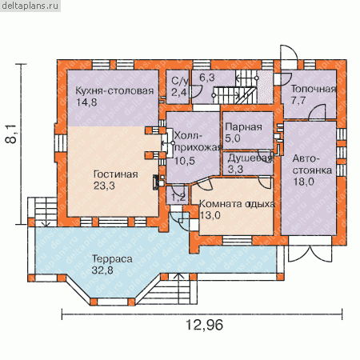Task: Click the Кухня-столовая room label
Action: pyautogui.click(x=114, y=91)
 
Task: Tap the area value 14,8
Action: pyautogui.click(x=86, y=102)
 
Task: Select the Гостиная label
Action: pyautogui.click(x=116, y=174)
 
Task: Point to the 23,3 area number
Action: pyautogui.click(x=104, y=186)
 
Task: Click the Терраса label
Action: pyautogui.click(x=112, y=258)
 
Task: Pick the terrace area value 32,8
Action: pyautogui.click(x=102, y=270)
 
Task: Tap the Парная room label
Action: pyautogui.click(x=243, y=127)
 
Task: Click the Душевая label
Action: pyautogui.click(x=250, y=158)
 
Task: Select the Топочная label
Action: pyautogui.click(x=314, y=89)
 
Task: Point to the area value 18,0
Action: pyautogui.click(x=304, y=182)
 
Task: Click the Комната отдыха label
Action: pyautogui.click(x=237, y=204)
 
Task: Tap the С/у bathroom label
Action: pyautogui.click(x=179, y=81)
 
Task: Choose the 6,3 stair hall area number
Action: pyautogui.click(x=207, y=78)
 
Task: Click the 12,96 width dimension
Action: pyautogui.click(x=204, y=325)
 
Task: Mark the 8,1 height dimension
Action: pyautogui.click(x=11, y=134)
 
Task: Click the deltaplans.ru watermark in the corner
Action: pyautogui.click(x=30, y=6)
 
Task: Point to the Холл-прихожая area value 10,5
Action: pyautogui.click(x=185, y=161)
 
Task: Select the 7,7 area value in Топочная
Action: pyautogui.click(x=298, y=101)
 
